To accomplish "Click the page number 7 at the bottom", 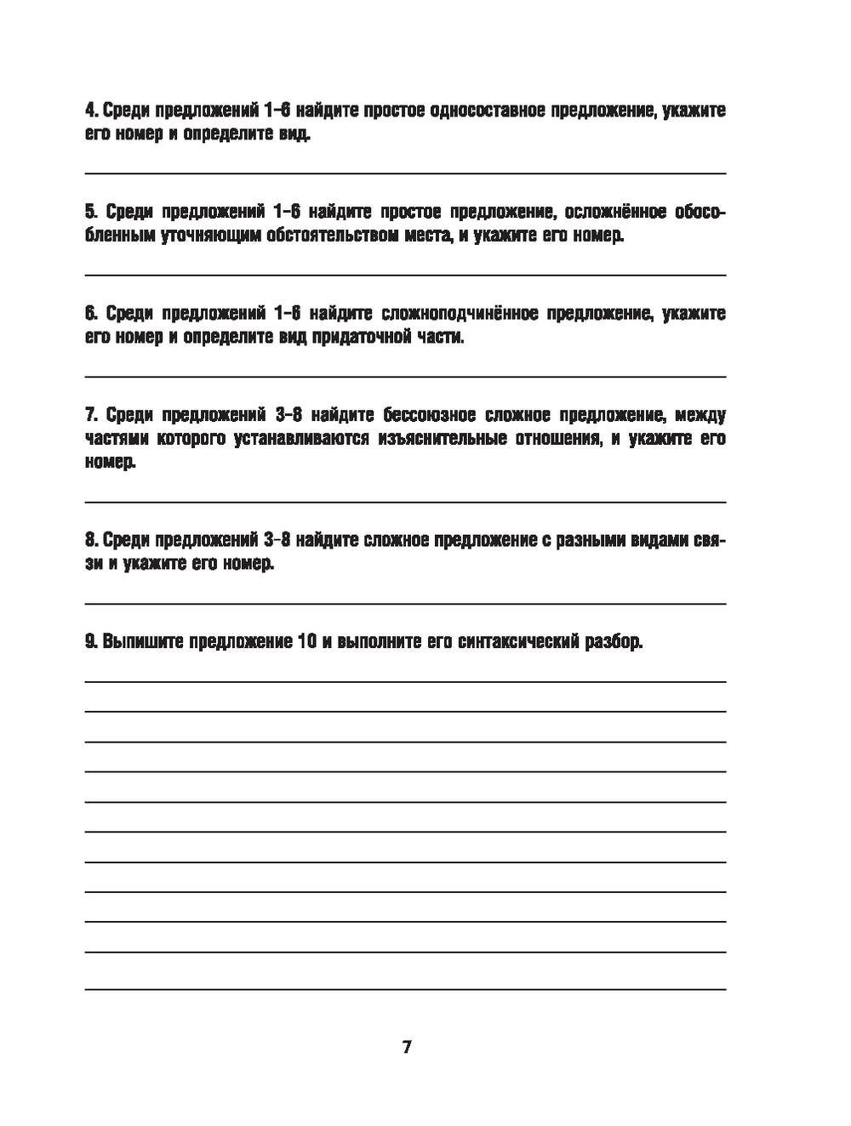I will point(407,1047).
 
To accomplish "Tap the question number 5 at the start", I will point(90,212).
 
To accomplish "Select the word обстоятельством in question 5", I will point(330,236).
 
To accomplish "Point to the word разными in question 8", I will point(593,541).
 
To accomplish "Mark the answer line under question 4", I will point(405,173).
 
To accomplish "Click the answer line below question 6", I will point(405,376).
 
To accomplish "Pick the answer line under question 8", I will point(405,603).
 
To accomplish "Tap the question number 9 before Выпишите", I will point(90,642).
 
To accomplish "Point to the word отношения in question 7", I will point(563,439).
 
